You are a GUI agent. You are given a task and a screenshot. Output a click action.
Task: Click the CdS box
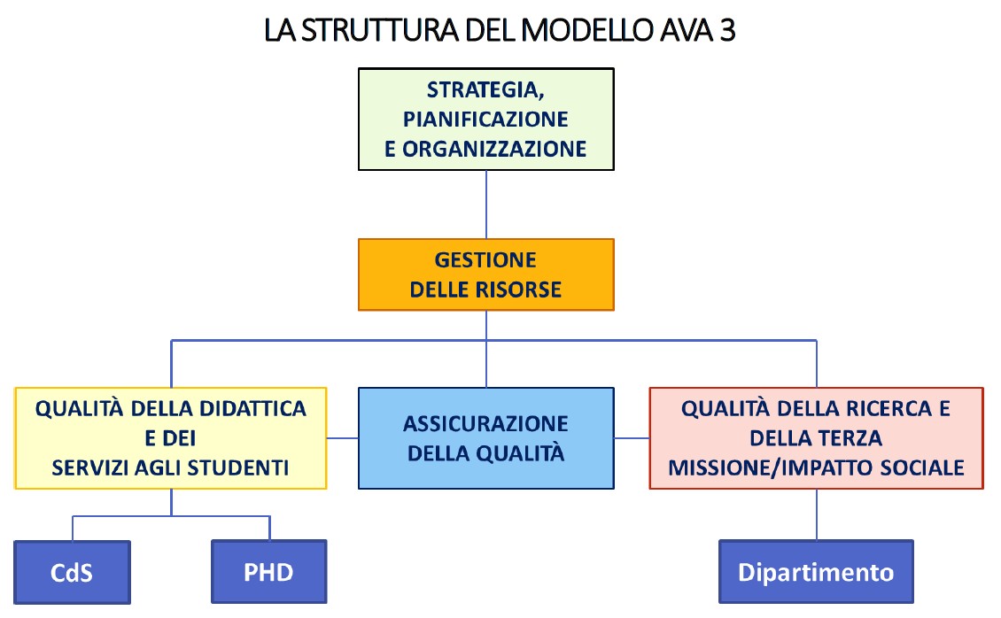click(x=72, y=572)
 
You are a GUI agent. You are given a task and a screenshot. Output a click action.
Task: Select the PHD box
click(x=268, y=572)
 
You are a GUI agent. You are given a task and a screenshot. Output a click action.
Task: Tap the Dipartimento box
click(x=817, y=572)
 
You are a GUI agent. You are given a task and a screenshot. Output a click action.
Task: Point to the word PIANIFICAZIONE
click(x=485, y=119)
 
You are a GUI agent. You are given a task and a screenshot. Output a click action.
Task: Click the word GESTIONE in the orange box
click(x=485, y=260)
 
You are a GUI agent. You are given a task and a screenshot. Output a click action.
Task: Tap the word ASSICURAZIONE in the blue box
click(x=485, y=423)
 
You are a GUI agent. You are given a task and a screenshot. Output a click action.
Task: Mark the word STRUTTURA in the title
click(x=377, y=32)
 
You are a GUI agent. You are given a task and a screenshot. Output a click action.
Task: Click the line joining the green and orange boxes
click(x=486, y=204)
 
